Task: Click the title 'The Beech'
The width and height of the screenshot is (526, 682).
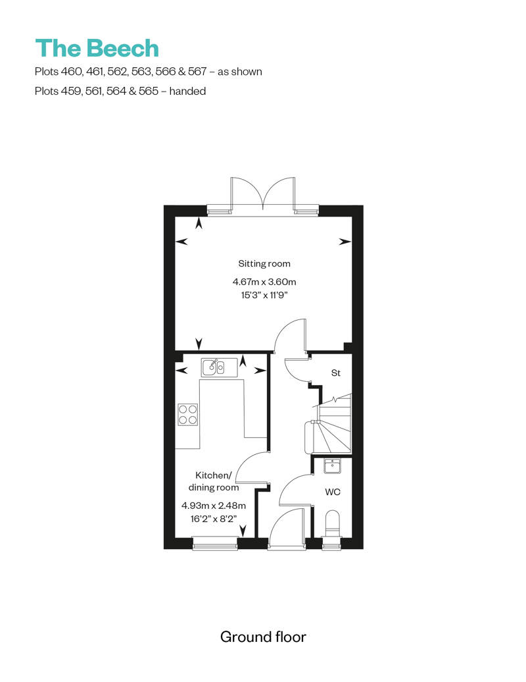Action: pyautogui.click(x=97, y=49)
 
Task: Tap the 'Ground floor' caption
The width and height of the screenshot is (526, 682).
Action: pyautogui.click(x=263, y=637)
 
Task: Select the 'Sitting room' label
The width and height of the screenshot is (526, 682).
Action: pyautogui.click(x=264, y=263)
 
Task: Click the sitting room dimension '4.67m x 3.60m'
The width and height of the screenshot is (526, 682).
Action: pyautogui.click(x=264, y=282)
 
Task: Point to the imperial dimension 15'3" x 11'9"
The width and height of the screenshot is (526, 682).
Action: pyautogui.click(x=264, y=296)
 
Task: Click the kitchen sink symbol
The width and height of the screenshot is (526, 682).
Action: pyautogui.click(x=214, y=367)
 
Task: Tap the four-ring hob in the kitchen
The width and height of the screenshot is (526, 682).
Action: pyautogui.click(x=188, y=415)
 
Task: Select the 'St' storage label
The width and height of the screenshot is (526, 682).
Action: pyautogui.click(x=335, y=373)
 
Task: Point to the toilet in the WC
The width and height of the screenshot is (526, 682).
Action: pyautogui.click(x=333, y=524)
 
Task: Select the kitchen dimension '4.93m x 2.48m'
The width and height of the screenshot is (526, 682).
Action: pyautogui.click(x=214, y=506)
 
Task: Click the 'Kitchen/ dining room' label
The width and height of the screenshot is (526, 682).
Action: pyautogui.click(x=214, y=481)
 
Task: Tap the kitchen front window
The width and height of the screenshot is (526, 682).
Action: pyautogui.click(x=214, y=543)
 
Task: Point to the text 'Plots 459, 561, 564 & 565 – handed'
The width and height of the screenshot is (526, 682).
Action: pyautogui.click(x=120, y=91)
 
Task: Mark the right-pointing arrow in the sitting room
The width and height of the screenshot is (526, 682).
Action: pyautogui.click(x=345, y=242)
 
